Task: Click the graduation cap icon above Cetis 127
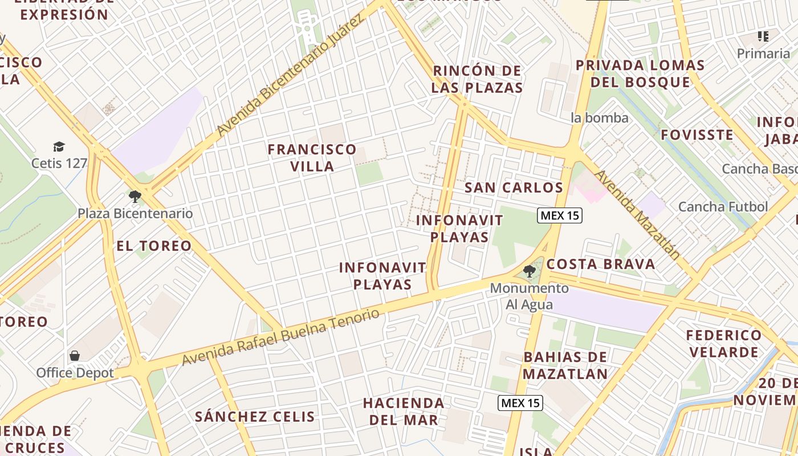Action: pos(59,147)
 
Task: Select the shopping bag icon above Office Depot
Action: pos(75,356)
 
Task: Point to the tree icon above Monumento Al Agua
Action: pos(530,271)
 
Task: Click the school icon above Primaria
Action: pos(763,37)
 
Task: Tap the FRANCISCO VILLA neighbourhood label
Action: pos(312,158)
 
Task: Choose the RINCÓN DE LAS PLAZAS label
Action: pos(477,79)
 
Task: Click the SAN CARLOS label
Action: pos(514,188)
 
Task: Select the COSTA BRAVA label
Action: pos(601,264)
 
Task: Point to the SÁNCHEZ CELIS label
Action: pos(255,417)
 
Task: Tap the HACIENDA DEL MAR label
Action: pos(404,412)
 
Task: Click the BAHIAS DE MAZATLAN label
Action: pos(565,365)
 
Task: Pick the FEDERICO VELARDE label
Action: pos(724,343)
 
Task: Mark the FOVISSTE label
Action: pos(697,135)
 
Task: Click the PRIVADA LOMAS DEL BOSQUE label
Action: pos(640,74)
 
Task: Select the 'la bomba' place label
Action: pos(600,118)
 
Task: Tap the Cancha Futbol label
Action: pos(723,207)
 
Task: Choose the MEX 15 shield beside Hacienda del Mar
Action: pos(520,403)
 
